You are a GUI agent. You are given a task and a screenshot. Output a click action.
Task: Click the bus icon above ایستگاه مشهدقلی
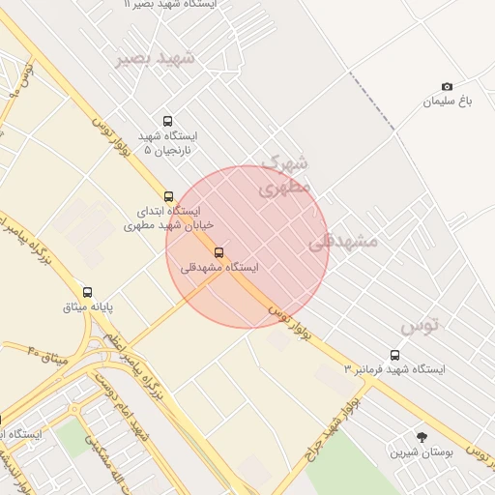pos(218,252)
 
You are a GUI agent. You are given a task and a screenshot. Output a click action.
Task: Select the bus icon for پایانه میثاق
pos(88,292)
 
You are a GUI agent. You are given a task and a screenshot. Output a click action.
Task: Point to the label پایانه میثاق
pos(88,307)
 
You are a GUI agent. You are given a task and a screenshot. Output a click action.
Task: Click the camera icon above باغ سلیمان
pos(447,87)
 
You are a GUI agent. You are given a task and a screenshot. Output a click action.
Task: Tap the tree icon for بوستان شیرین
pos(421,437)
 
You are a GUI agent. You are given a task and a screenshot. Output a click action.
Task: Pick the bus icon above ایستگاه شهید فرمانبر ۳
pos(394,355)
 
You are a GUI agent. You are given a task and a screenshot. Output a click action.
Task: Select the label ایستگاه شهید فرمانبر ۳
pos(395,369)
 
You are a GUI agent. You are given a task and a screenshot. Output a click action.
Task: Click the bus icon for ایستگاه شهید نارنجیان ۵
pos(168,122)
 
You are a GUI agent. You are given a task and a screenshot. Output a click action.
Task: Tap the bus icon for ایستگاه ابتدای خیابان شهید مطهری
pos(169,196)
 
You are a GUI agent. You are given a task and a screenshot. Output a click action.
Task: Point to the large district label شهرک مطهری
pos(285,175)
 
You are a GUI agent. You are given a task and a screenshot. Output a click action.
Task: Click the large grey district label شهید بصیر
pos(156,58)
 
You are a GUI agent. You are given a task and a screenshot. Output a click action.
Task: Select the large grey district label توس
pos(420,325)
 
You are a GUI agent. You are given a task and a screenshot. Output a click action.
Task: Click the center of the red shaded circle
pos(247,247)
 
